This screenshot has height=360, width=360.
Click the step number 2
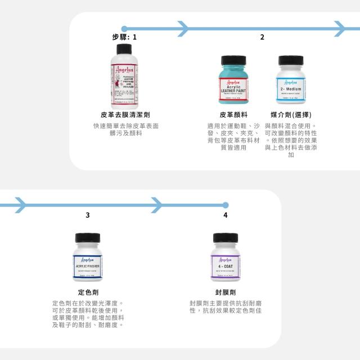pos(262,37)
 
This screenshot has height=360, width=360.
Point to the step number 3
pos(87,215)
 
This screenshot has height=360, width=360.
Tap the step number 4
pos(226,215)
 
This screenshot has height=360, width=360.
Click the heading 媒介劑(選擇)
pos(291,115)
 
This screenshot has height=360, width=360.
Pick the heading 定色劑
pos(87,292)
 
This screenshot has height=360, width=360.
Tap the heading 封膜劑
pos(226,292)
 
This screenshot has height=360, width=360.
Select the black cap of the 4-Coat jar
pos(226,237)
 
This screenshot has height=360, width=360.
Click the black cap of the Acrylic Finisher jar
pos(87,237)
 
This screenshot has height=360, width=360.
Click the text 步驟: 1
pos(124,37)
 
